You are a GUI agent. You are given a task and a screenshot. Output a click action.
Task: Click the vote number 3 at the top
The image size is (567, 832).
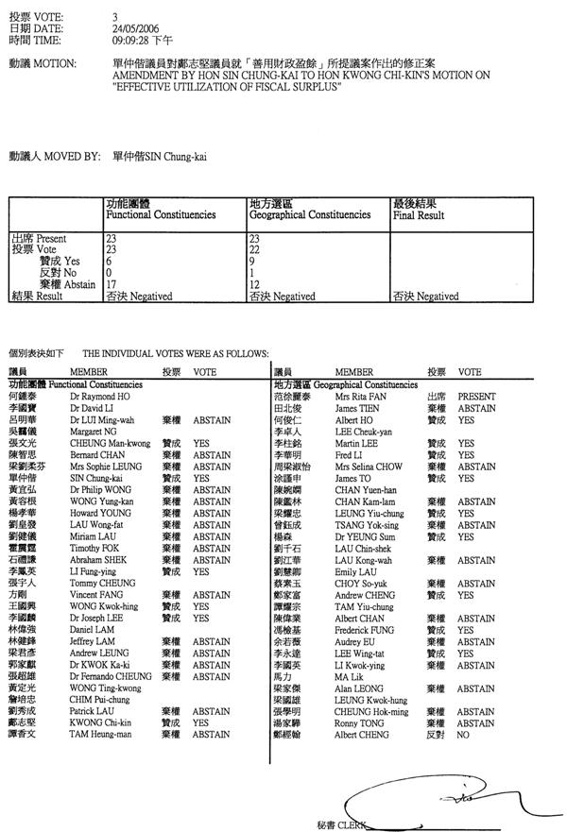(x=114, y=17)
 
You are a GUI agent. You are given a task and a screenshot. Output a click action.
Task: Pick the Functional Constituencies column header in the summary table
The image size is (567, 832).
(x=160, y=214)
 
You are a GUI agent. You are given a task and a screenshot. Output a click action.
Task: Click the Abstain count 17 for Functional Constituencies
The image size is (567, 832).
(x=112, y=283)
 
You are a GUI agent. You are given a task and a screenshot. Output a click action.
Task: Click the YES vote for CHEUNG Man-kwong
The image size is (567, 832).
(x=201, y=442)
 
